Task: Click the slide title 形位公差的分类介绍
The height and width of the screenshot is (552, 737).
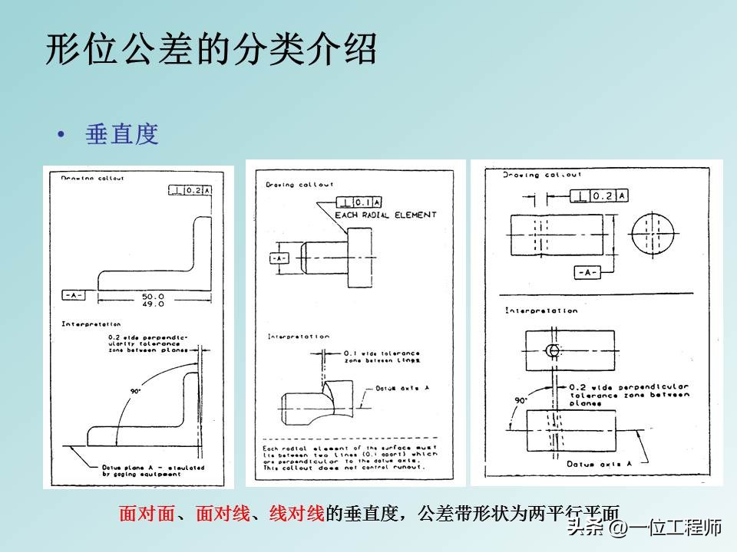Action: click(211, 50)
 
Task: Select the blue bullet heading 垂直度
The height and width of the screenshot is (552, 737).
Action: click(122, 134)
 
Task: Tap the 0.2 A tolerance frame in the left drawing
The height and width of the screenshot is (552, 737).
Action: click(187, 189)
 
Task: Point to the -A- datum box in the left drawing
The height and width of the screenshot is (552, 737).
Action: click(74, 295)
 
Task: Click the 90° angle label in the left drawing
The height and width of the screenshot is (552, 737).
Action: click(135, 391)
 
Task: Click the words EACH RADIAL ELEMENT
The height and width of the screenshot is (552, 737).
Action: click(385, 215)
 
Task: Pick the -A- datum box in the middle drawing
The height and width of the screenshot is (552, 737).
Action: click(278, 258)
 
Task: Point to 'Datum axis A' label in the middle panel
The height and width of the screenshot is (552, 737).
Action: click(402, 388)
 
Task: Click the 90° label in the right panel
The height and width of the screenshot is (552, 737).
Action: click(520, 400)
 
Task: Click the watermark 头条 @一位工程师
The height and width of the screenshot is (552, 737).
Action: click(645, 528)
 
